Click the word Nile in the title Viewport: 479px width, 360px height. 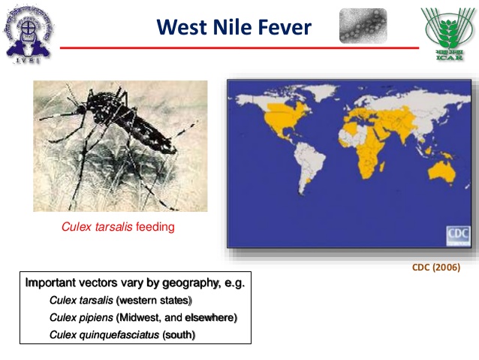pos(239,27)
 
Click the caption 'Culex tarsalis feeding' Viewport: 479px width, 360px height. pos(118,226)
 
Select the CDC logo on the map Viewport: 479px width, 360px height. pos(457,234)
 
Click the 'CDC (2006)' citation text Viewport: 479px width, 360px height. pos(436,267)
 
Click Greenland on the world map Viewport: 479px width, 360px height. pos(319,94)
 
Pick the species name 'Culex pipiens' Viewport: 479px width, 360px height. pos(80,317)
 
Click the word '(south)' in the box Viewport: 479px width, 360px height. pos(179,334)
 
